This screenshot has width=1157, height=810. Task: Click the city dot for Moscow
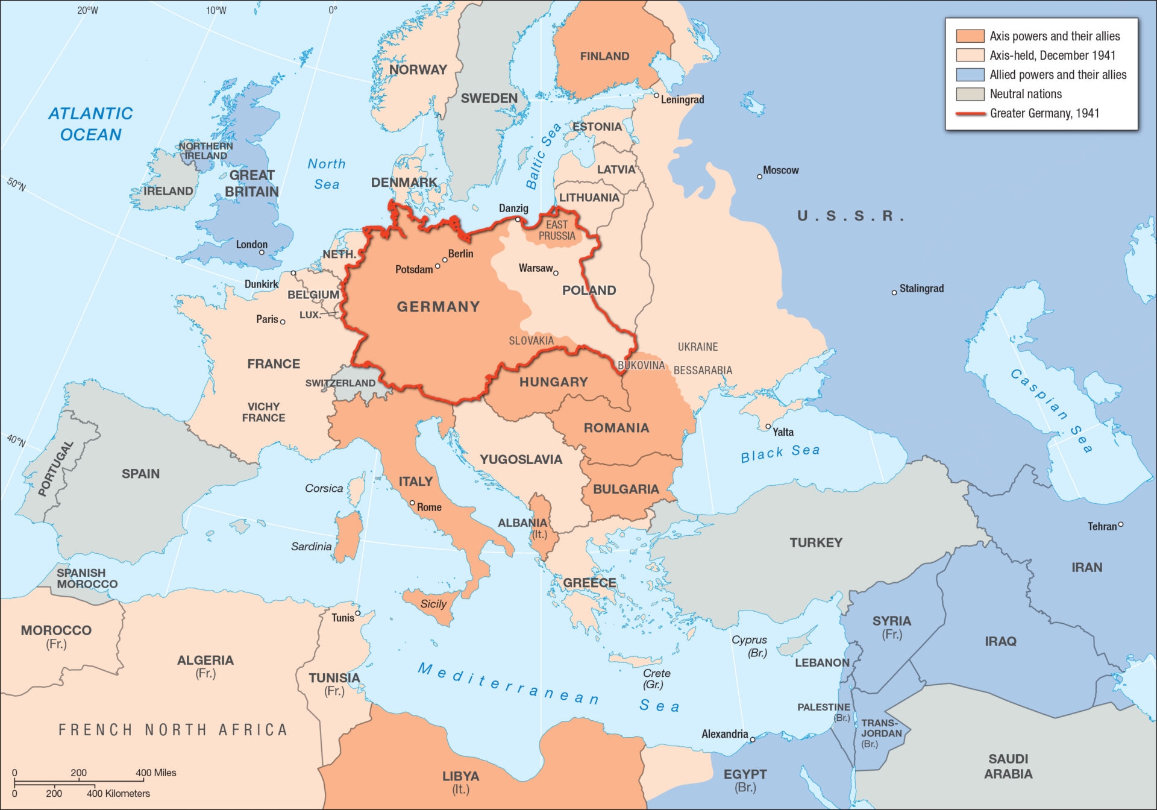[759, 177]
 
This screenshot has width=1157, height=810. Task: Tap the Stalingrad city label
[921, 289]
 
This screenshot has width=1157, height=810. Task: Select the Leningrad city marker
[656, 95]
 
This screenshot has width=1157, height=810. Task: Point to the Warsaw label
[535, 268]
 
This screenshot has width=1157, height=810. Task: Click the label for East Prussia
[557, 230]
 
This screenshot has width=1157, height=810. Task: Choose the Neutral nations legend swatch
[970, 94]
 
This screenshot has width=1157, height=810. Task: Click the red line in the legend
[970, 113]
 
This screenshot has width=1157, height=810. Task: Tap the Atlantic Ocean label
[90, 124]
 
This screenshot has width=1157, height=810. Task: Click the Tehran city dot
[1121, 524]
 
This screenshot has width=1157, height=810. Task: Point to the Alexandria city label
[724, 734]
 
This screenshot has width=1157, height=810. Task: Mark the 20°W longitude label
[87, 10]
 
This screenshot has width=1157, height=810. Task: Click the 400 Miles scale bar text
[155, 773]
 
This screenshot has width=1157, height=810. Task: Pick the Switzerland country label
[340, 383]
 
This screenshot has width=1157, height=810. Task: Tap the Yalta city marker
[768, 426]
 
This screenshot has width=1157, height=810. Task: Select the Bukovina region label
[641, 365]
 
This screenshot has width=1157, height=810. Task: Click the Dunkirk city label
[261, 284]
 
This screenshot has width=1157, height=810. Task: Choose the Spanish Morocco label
[87, 579]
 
